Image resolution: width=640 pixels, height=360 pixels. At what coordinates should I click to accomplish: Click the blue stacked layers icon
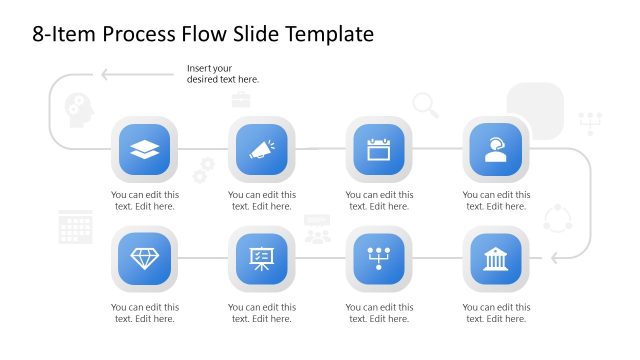(x=145, y=150)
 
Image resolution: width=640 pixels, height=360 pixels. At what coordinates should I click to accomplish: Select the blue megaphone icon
(x=262, y=150)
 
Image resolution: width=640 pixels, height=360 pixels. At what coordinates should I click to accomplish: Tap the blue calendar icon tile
(x=379, y=150)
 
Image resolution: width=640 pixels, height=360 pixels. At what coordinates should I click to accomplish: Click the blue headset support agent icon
(x=495, y=150)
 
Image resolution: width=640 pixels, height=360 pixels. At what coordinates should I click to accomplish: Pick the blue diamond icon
(x=145, y=258)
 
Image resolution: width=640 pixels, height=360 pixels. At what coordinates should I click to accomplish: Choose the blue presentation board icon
(x=262, y=258)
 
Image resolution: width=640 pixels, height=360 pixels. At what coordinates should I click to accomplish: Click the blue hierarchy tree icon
(x=379, y=258)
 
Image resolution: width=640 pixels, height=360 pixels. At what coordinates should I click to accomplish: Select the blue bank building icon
(x=495, y=258)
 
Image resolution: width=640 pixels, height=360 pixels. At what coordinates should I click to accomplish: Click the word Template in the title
(x=329, y=34)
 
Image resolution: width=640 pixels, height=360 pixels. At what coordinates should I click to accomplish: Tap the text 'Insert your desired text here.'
(x=222, y=73)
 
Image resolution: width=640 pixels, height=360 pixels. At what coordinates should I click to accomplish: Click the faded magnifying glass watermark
(x=425, y=103)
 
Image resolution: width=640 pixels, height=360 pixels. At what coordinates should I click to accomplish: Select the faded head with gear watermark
(x=78, y=106)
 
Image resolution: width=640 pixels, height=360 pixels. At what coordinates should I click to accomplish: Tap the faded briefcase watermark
(x=241, y=99)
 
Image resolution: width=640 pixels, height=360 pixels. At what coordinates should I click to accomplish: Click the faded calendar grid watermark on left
(x=76, y=227)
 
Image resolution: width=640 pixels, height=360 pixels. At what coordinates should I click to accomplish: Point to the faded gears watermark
(x=203, y=170)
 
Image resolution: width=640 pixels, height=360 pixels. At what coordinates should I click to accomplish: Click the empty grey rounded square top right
(x=535, y=109)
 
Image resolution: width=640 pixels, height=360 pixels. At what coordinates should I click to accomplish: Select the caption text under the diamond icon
(x=145, y=313)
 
